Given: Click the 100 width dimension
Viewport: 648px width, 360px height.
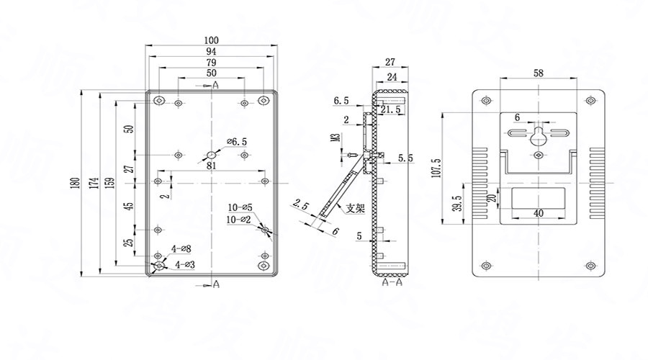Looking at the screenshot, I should (x=211, y=40).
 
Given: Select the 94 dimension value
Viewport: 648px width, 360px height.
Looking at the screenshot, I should (x=211, y=52).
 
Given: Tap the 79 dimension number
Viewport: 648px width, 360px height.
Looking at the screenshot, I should (x=211, y=63).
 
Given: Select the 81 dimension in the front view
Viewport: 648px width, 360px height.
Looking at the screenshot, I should (x=212, y=166).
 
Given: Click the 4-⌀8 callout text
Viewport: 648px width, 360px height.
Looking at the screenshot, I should (x=181, y=249).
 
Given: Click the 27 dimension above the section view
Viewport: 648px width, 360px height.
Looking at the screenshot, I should (x=390, y=62).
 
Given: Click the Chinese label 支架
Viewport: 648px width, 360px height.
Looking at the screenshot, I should (x=356, y=209).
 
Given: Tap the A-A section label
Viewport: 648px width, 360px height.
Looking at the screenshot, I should (x=391, y=284).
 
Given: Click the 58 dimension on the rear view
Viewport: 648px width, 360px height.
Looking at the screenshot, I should (x=539, y=73).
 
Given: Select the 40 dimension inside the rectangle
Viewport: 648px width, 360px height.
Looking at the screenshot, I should (x=539, y=213).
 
